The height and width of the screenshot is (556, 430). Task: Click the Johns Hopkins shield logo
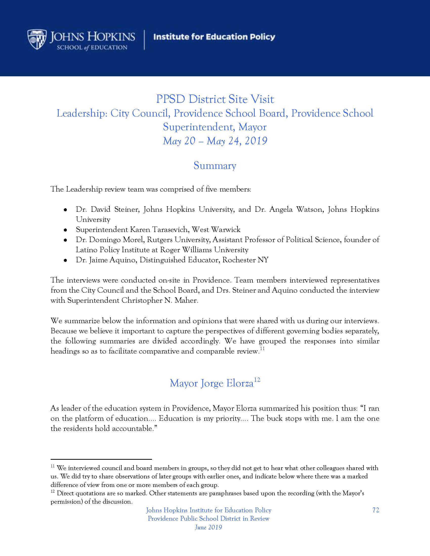[x=37, y=39]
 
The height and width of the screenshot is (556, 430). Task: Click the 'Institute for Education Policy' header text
[x=214, y=37]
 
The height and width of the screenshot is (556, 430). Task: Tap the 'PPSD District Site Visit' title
[x=215, y=99]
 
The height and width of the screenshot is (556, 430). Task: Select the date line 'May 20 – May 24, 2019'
[x=215, y=141]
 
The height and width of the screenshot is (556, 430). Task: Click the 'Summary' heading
[x=215, y=166]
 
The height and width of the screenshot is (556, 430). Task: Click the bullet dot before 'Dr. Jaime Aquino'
[x=66, y=260]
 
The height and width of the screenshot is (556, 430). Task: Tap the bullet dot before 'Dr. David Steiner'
[x=66, y=210]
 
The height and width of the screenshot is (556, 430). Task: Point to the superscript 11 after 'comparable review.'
[x=262, y=349]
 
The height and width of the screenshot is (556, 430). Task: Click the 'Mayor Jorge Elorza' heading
[x=211, y=383]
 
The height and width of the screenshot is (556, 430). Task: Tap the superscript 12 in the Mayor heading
[x=257, y=380]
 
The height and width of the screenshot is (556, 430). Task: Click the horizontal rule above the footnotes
[x=101, y=459]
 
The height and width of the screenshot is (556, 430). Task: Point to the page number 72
[x=376, y=510]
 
